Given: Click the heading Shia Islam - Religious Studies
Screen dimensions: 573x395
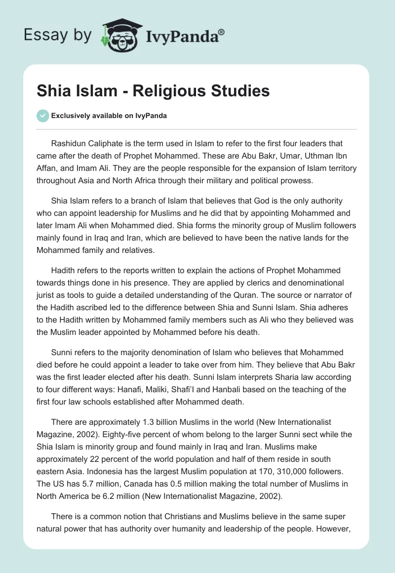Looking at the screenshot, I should tap(153, 91).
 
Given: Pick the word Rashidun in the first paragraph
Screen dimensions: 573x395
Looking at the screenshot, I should tap(69, 144).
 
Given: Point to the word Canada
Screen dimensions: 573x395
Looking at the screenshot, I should tap(134, 484).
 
